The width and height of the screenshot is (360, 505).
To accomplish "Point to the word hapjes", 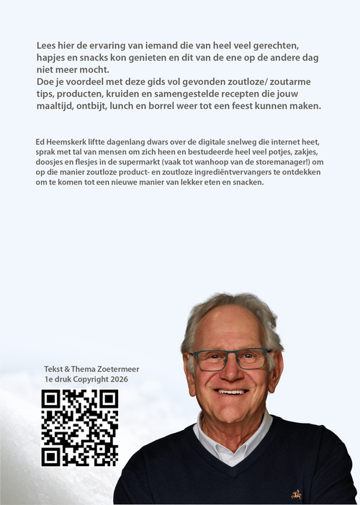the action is pyautogui.click(x=52, y=58).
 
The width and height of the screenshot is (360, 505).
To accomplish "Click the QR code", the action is pyautogui.click(x=79, y=427).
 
